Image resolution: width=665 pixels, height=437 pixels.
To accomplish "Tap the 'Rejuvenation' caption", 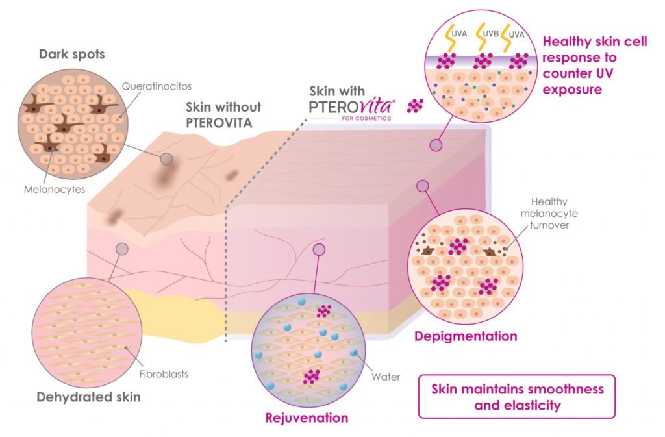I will coord(307,417).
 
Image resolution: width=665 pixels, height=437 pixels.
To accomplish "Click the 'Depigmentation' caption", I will coord(465,336).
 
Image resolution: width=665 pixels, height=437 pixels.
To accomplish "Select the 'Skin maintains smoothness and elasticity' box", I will coord(517,396).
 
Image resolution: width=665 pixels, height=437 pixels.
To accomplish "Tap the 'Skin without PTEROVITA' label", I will coord(223,114).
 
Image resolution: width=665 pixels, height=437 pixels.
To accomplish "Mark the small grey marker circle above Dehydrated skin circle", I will coord(121,249).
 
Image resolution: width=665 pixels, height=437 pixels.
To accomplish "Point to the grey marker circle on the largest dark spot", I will coord(167,158).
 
